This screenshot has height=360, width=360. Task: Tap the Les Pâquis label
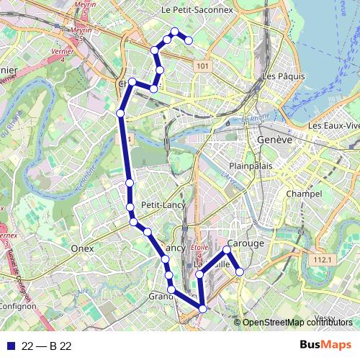(279, 76)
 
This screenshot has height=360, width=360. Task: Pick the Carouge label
(246, 243)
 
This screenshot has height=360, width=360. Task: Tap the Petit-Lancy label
(163, 205)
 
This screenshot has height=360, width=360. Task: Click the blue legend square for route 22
(9, 346)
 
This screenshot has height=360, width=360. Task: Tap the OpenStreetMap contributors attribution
(297, 322)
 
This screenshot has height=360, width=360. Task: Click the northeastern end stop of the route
(189, 40)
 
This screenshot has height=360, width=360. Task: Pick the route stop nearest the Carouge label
(227, 250)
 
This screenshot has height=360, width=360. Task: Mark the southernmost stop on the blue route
(202, 309)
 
